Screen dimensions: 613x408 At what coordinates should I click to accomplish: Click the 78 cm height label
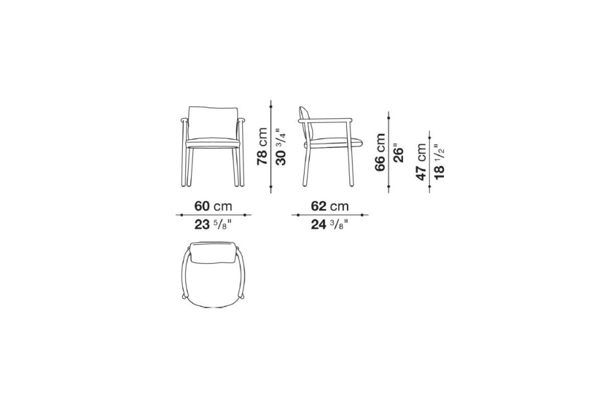point(262,147)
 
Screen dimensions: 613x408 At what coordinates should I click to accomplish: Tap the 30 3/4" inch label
point(281,147)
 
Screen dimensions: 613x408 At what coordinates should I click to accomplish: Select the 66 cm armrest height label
point(380,152)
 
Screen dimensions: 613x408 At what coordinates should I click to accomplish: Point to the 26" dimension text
point(398,155)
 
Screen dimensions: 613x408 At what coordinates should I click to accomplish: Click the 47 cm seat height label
point(421,162)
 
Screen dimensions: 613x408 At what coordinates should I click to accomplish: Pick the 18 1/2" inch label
point(439,161)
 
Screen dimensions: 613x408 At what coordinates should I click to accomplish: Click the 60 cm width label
point(213,206)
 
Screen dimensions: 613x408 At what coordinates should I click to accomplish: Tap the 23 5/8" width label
point(213,225)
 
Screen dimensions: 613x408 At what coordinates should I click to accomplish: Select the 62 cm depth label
point(330,206)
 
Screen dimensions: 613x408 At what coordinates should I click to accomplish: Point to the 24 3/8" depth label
point(330,225)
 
